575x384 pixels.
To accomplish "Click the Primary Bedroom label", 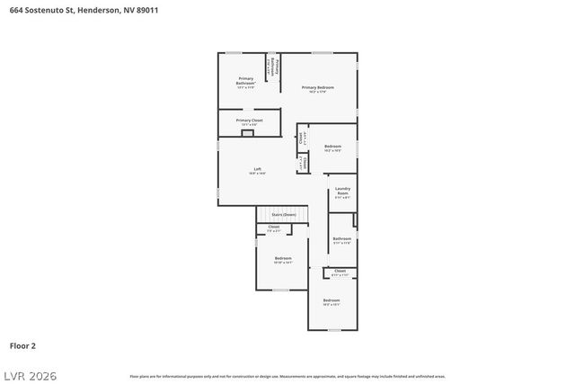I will coord(317,86).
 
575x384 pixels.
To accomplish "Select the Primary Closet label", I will coord(249,120).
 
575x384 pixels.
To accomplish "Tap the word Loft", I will coord(257,169).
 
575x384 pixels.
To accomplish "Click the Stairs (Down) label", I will coord(283,215).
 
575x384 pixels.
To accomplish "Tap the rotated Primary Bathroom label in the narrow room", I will coord(276,67).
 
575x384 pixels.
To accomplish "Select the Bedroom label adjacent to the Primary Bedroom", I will coord(332,146).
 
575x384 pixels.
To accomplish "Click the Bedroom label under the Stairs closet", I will coord(283,258).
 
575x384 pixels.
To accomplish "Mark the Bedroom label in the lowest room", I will coord(332,299).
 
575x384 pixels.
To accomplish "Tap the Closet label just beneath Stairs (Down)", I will coord(273,227).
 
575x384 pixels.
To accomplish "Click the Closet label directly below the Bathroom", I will coord(340,270).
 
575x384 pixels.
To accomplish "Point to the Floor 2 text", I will coord(23,344).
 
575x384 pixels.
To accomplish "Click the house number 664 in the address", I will coord(16,9).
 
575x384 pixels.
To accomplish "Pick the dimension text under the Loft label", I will coord(257,174).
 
